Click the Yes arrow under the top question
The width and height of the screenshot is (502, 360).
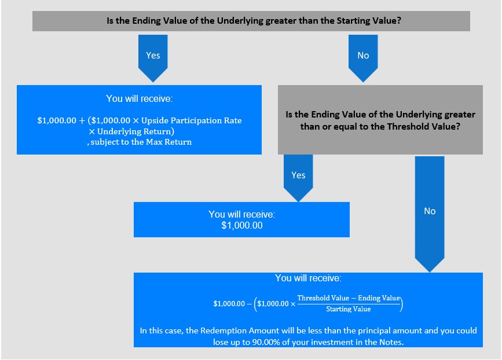[153, 58]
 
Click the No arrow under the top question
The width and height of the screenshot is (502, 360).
[363, 58]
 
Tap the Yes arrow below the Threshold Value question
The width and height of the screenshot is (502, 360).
[298, 178]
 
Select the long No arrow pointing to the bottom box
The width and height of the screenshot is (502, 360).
[430, 214]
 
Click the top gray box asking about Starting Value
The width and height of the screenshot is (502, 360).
[251, 21]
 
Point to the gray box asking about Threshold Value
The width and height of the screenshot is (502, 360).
[380, 120]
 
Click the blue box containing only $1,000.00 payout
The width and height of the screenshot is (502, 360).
[241, 219]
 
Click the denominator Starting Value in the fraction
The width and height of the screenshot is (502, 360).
[349, 309]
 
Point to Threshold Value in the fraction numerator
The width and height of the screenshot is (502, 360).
[323, 298]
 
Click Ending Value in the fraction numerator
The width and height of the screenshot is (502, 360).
[379, 298]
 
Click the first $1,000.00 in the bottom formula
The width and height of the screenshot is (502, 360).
[229, 304]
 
